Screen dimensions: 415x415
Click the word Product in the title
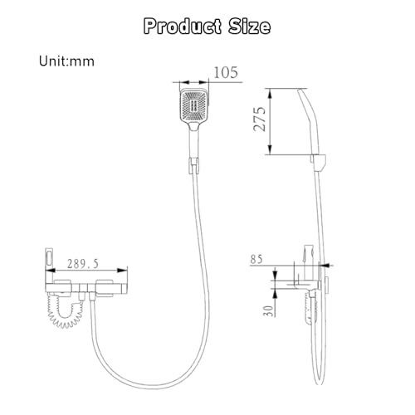click(x=183, y=27)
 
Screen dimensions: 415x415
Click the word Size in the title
click(x=249, y=27)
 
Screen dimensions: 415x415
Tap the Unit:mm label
click(x=66, y=61)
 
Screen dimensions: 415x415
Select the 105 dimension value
click(x=226, y=72)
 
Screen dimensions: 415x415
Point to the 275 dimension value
click(x=260, y=119)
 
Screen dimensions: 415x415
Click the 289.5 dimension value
click(x=83, y=264)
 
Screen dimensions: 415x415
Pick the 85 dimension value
click(x=256, y=260)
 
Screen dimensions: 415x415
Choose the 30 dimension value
click(x=268, y=310)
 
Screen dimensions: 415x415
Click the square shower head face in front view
click(x=194, y=106)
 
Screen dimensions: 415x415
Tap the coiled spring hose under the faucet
click(x=65, y=311)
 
